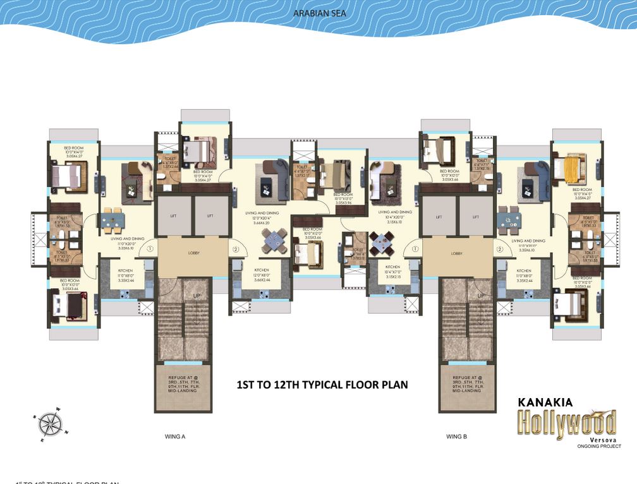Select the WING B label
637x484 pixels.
(456, 436)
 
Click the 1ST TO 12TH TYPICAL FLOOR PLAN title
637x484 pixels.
(322, 384)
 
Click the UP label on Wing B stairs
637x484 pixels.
(480, 295)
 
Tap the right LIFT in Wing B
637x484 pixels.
(476, 216)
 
